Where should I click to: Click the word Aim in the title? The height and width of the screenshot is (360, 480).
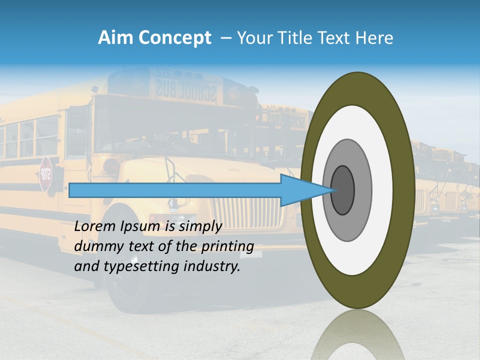point(116,38)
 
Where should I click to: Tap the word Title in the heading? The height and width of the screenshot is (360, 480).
point(293,38)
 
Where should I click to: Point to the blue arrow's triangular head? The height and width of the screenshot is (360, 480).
point(305,190)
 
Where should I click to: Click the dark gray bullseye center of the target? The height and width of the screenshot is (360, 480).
point(343,190)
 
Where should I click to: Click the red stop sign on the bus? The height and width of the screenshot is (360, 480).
point(46,174)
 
